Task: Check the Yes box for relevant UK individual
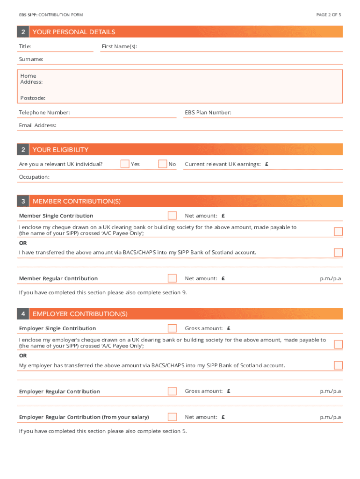[125, 164]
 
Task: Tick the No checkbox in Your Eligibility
[162, 164]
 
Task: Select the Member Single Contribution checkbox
[172, 216]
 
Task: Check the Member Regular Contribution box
[172, 278]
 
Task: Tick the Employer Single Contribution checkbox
[172, 328]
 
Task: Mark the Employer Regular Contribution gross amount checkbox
[172, 391]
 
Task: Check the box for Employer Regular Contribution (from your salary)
[172, 417]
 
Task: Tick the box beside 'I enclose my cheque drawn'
[338, 232]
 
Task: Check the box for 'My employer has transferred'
[338, 365]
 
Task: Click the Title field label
[25, 46]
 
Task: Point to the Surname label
[31, 59]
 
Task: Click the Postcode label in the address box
[33, 98]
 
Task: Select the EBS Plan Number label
[208, 112]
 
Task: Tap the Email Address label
[37, 125]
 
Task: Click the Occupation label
[34, 177]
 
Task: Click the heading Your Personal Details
[74, 32]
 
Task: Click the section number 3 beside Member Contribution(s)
[23, 201]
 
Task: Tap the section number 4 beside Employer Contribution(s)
[23, 314]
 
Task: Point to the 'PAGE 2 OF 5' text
[329, 15]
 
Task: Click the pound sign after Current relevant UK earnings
[266, 164]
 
